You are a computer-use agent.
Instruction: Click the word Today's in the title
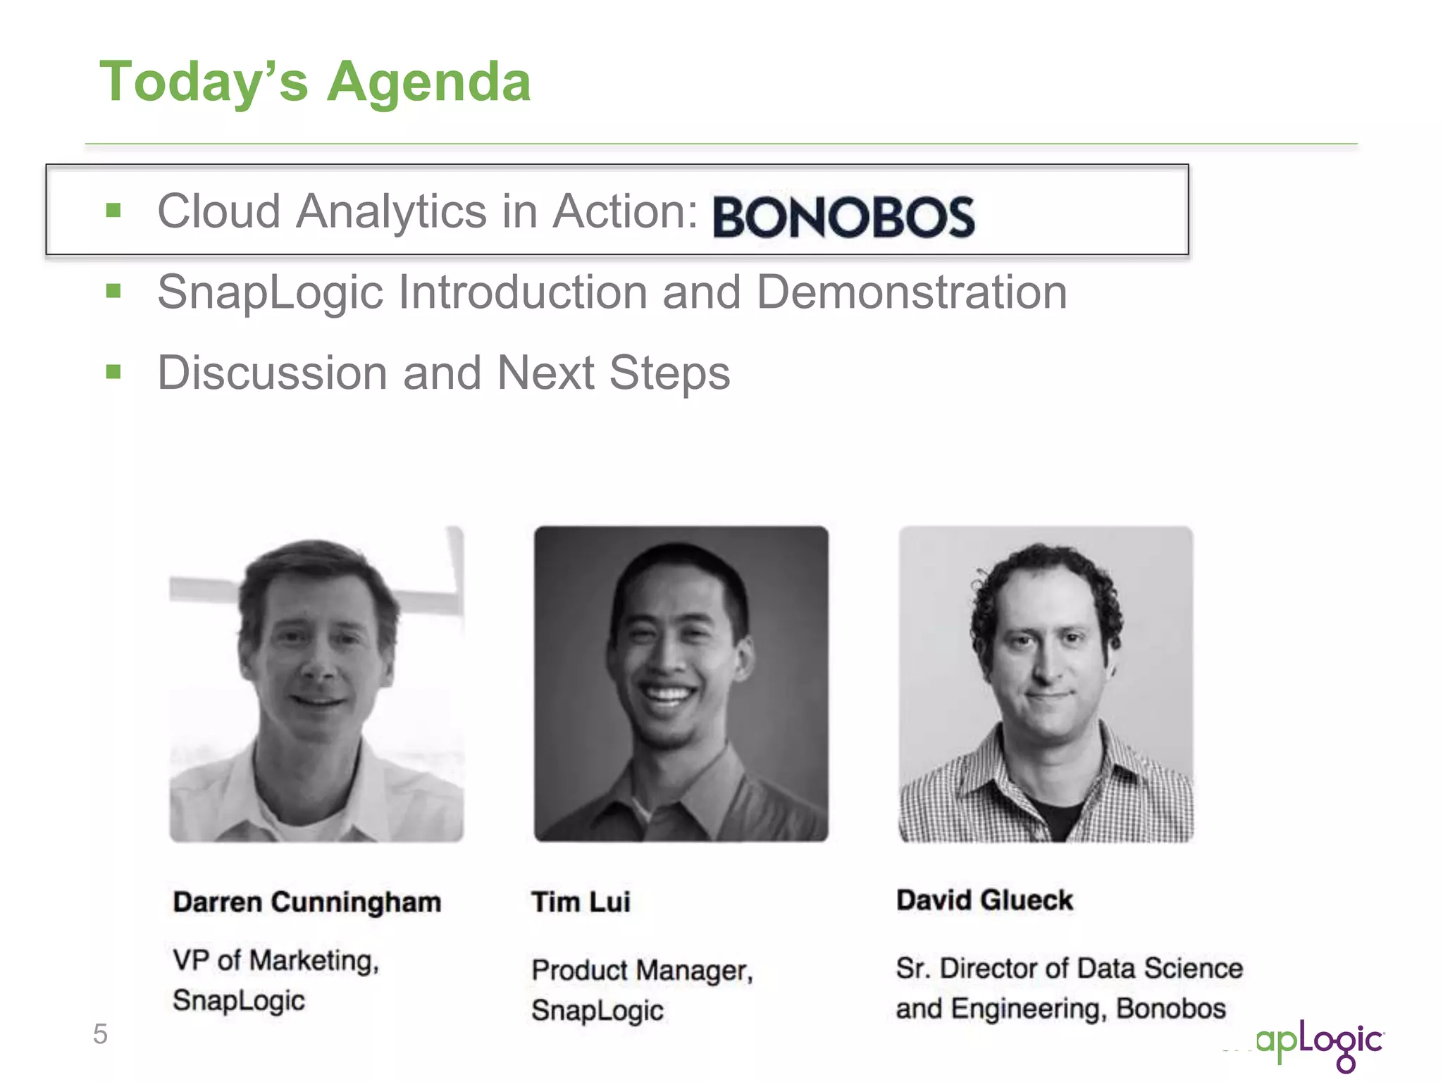point(204,82)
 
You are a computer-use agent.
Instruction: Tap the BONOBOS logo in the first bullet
point(843,216)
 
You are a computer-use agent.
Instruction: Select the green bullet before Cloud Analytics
point(113,210)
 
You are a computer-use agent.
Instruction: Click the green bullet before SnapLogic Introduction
point(113,290)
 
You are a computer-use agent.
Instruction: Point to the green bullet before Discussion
point(113,371)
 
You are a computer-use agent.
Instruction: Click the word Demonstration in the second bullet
point(912,292)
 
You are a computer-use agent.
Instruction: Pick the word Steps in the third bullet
point(669,373)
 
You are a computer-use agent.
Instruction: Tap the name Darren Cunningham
point(307,902)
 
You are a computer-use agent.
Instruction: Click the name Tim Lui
point(581,902)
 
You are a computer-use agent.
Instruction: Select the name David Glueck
point(984,900)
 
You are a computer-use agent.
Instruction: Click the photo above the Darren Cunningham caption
point(316,684)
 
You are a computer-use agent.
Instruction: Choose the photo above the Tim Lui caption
point(681,684)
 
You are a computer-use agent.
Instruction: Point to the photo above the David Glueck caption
point(1046,684)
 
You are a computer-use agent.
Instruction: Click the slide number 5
point(100,1034)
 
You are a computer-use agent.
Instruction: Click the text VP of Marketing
point(275,961)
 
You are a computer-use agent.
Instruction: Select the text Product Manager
point(642,971)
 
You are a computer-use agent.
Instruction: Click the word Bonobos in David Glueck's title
point(1171,1009)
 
